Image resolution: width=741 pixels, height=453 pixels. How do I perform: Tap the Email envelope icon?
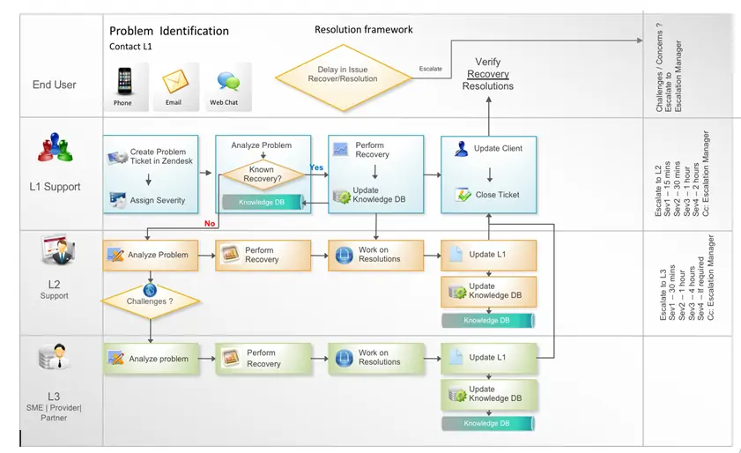174,82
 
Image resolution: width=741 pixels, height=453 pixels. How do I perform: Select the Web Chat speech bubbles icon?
226,83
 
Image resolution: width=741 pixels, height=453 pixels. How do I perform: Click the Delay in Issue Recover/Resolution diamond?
343,75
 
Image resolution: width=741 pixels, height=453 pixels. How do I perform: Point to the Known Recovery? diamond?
262,175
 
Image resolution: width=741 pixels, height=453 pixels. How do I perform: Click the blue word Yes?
316,167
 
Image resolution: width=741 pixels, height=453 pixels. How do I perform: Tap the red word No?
210,224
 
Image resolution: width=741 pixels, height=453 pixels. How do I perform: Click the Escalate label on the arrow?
431,68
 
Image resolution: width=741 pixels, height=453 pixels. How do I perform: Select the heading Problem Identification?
169,31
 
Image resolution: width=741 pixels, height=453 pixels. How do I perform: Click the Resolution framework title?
364,30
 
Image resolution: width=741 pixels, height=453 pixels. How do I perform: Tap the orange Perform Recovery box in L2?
263,256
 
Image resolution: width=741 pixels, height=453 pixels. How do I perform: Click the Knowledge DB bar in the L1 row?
262,202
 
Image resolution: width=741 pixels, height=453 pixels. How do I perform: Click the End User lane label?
55,85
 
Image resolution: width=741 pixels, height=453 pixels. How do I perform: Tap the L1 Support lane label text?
55,187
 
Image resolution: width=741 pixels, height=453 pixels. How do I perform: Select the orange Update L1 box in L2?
488,256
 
